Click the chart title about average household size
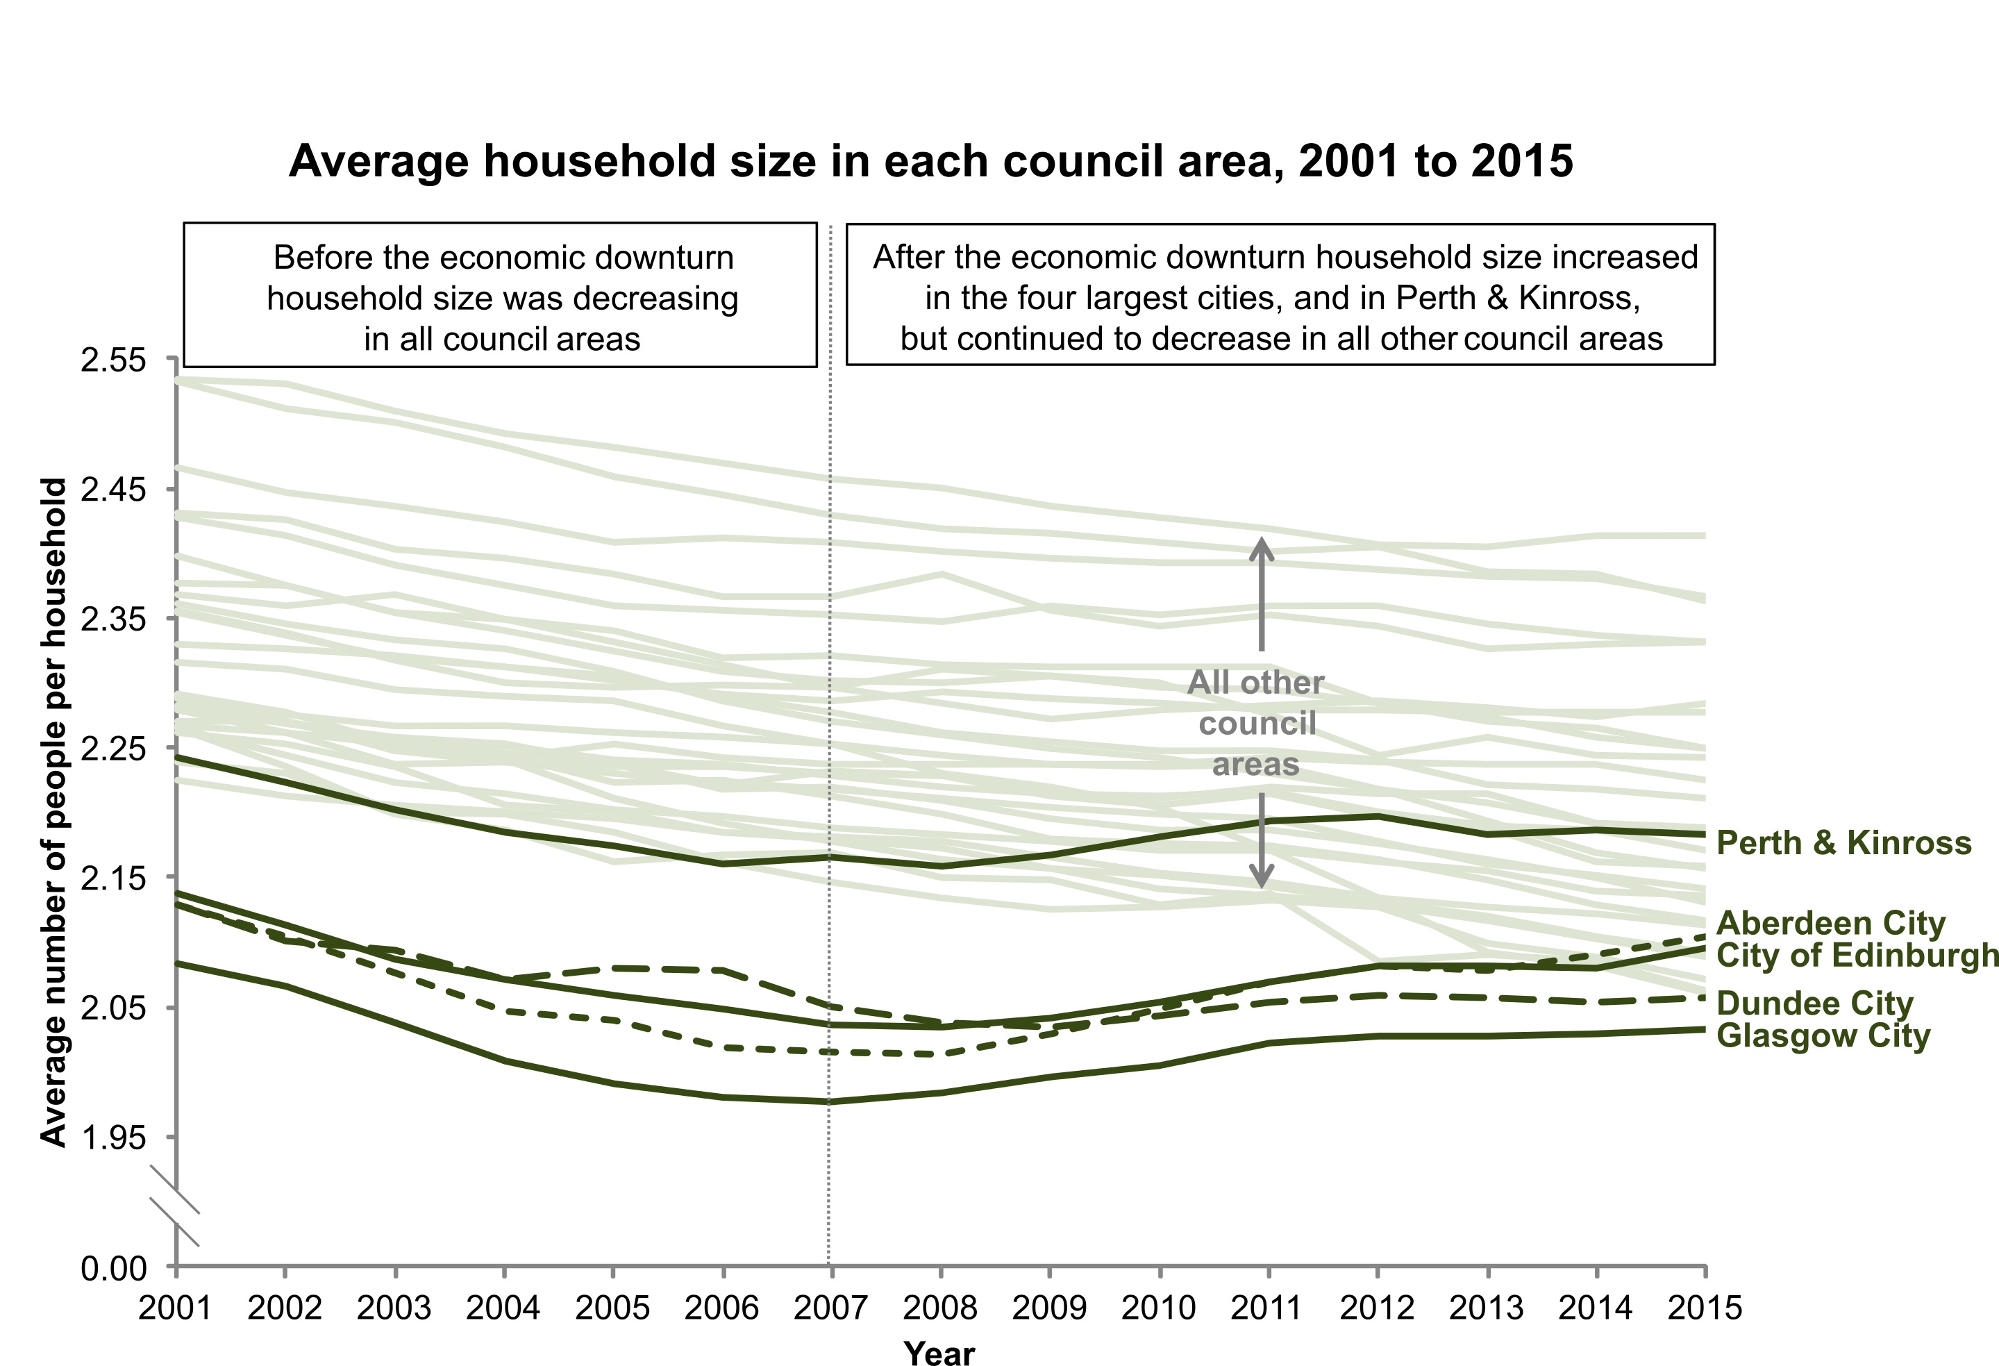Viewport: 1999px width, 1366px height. (930, 161)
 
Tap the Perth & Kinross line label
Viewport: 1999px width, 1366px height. (1843, 843)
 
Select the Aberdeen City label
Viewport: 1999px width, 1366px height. (1830, 923)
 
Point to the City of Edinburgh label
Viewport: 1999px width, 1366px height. (1856, 955)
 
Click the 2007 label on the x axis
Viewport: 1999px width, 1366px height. (830, 1308)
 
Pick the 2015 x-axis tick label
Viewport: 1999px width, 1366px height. (1705, 1308)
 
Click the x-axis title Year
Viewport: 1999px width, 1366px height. (939, 1352)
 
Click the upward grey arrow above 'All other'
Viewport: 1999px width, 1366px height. (1262, 594)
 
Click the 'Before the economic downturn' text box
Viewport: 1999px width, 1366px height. (501, 295)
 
